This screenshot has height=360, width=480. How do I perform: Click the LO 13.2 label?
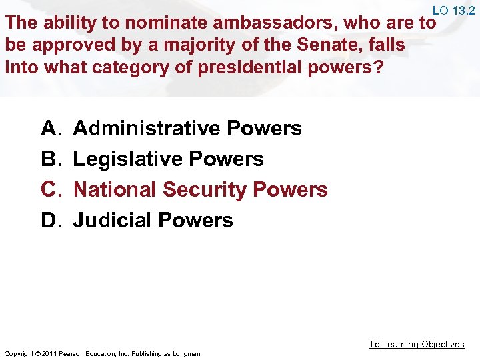453,10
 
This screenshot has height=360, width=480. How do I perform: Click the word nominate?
155,23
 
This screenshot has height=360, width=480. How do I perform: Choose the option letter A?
51,128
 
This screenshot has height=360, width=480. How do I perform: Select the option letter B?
51,159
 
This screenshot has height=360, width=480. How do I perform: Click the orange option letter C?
51,189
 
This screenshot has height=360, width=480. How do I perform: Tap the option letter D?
51,220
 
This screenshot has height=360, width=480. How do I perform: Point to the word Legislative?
127,159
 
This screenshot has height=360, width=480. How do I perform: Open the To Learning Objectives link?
417,344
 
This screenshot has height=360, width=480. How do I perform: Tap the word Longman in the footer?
186,353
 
